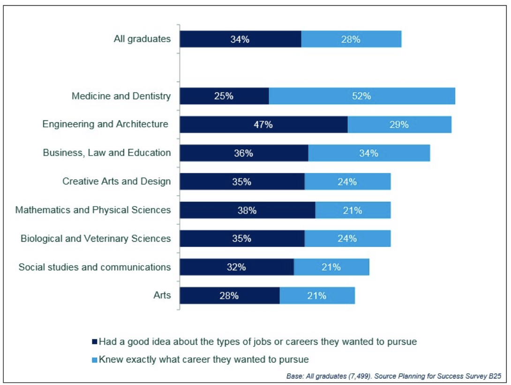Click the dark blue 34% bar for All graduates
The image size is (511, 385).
240,39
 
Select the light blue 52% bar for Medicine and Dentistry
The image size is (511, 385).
362,96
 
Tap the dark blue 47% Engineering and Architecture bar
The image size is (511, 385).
263,125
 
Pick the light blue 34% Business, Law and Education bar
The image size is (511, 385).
369,153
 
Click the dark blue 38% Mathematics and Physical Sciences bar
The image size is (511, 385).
247,210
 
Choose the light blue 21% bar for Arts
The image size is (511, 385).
317,296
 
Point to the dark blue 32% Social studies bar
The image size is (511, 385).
236,267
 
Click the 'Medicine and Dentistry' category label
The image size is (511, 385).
121,96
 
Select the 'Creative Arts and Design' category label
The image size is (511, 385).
116,181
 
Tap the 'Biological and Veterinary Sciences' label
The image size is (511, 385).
96,238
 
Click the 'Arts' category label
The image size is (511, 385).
162,296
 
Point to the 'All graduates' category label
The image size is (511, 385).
142,39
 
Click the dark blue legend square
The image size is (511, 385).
95,342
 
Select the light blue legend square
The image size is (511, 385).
95,360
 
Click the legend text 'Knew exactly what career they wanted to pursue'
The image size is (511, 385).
204,360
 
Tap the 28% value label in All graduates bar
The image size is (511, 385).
351,39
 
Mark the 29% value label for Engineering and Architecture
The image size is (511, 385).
399,125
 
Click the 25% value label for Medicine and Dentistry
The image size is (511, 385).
224,96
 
